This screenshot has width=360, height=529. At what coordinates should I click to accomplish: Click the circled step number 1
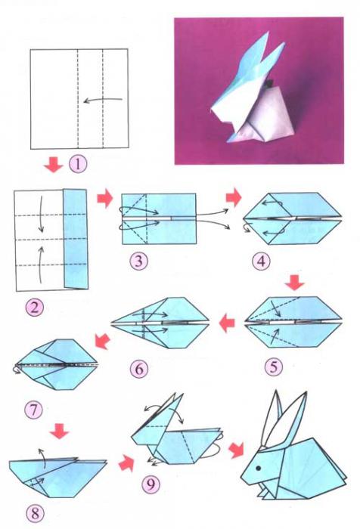coord(78,164)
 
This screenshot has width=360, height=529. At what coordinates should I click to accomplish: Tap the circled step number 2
coord(35,308)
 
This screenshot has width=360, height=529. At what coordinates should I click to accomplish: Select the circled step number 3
coord(139,261)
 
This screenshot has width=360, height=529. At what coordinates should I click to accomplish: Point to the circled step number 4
coord(261,261)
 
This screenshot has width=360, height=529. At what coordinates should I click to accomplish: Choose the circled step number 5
coord(274,367)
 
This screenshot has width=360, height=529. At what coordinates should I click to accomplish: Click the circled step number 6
coord(139,369)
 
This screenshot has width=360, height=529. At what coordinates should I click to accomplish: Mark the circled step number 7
coord(34,410)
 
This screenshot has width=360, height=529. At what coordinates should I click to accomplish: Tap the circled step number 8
coord(35,514)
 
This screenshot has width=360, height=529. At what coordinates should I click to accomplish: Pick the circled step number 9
coord(151,484)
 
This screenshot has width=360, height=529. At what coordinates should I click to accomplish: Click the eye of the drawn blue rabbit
coord(259,469)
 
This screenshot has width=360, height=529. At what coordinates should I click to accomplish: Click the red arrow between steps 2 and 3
coord(104,198)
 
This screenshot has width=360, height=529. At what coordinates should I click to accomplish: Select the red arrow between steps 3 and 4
coord(234,197)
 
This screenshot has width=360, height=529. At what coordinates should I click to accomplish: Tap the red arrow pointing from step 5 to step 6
coord(227,323)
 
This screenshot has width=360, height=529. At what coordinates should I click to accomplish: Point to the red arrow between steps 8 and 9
coord(126,462)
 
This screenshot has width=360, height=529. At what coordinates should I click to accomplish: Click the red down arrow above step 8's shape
coord(60,431)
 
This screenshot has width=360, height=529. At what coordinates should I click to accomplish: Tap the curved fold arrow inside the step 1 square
coord(103,100)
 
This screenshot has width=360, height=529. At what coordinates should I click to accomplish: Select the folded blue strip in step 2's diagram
coord(76,239)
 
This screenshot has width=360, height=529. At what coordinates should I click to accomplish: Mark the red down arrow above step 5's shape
coord(294,283)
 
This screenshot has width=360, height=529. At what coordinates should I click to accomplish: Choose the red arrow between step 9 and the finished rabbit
coord(236,450)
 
